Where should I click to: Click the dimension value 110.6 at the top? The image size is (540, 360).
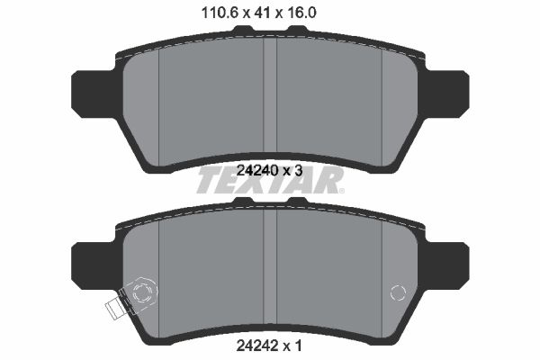[220, 13]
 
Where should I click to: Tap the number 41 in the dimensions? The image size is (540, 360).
[261, 13]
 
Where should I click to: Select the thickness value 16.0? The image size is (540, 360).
[299, 13]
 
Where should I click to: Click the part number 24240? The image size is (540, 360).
[256, 170]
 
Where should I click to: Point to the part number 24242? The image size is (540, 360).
[256, 346]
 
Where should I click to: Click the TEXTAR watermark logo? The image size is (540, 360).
[270, 180]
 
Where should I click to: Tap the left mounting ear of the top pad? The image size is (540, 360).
[94, 94]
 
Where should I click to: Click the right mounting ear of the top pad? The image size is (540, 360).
[446, 94]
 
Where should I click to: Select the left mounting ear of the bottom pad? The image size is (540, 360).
[94, 265]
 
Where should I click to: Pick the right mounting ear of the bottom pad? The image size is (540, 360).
[446, 265]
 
